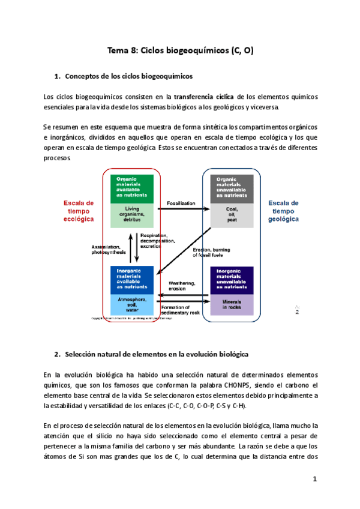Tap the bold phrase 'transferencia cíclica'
click(x=203, y=97)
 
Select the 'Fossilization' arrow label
click(x=181, y=203)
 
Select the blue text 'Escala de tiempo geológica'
click(x=283, y=211)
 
